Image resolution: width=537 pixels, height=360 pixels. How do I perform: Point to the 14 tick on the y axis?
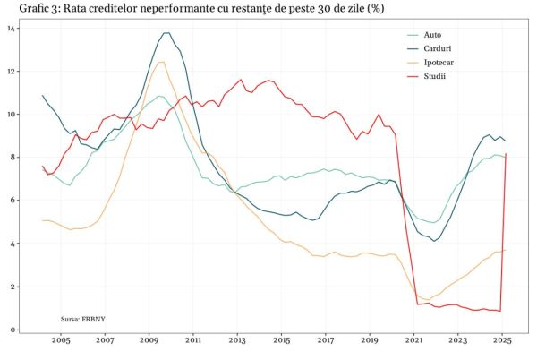coord(11,28)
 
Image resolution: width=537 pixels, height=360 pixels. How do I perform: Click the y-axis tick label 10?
coord(11,114)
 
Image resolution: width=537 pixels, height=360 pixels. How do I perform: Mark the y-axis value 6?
coord(13,201)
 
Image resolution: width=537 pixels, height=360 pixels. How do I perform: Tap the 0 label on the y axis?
coord(13,330)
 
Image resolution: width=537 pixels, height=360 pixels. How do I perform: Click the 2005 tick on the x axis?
coord(61,341)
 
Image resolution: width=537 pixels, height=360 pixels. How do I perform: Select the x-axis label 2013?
coord(237,341)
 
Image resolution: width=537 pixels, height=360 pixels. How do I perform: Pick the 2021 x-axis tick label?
coord(413,341)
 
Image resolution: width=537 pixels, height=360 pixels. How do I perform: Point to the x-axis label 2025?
coord(502,341)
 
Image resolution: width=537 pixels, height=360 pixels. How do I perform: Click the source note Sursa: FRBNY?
coord(82,319)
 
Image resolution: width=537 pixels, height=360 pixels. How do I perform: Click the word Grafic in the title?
coord(25,8)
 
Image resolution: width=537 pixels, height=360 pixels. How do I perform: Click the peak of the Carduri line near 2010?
coord(166,33)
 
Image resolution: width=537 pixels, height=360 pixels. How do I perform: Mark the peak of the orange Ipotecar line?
coord(161,62)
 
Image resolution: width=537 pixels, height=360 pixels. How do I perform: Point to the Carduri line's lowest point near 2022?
coord(435,241)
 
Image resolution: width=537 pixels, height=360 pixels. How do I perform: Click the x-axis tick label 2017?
coord(326,341)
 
